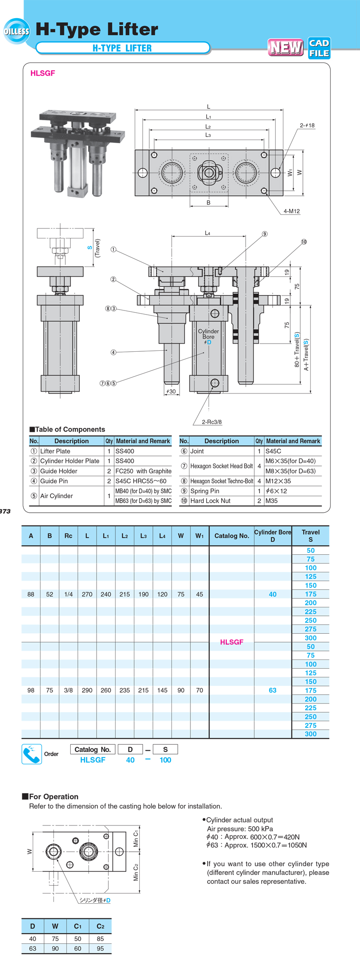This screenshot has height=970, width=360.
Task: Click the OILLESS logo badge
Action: (x=16, y=31)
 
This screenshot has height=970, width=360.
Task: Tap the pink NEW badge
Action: (x=286, y=47)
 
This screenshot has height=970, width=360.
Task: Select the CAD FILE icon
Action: (x=319, y=48)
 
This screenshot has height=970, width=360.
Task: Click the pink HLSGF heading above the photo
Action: (x=43, y=73)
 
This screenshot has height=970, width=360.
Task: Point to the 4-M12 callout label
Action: (x=292, y=211)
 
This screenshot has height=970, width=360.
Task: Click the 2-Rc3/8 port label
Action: (x=212, y=422)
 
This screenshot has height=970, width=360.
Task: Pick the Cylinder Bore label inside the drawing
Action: (x=208, y=334)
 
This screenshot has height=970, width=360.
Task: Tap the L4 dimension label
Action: (x=208, y=233)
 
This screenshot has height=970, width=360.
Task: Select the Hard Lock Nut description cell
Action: (x=210, y=501)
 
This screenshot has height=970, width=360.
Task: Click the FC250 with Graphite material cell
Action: (x=143, y=471)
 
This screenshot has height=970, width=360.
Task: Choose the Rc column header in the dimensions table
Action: (x=68, y=536)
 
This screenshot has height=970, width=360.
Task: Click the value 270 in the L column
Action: (x=87, y=594)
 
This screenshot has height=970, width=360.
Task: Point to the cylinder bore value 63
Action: (x=272, y=690)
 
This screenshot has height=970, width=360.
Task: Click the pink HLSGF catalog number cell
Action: (x=232, y=642)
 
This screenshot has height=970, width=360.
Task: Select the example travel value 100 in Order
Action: (x=165, y=760)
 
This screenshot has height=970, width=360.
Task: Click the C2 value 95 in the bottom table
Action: (x=100, y=948)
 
